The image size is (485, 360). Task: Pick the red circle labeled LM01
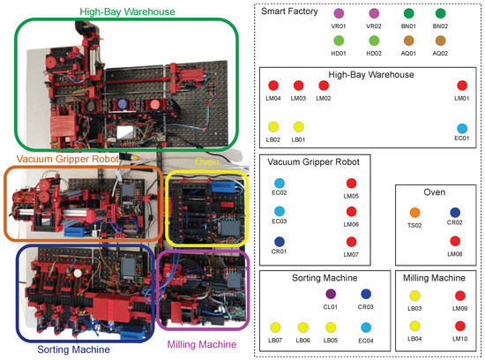[x=462, y=85]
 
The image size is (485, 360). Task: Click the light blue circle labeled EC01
[x=462, y=127]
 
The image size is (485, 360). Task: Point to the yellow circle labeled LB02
[x=274, y=127]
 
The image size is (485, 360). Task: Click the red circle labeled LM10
[x=459, y=326]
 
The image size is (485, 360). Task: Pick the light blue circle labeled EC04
[x=364, y=326]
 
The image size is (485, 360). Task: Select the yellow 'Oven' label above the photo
[x=207, y=161]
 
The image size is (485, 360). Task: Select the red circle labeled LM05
[x=352, y=184]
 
